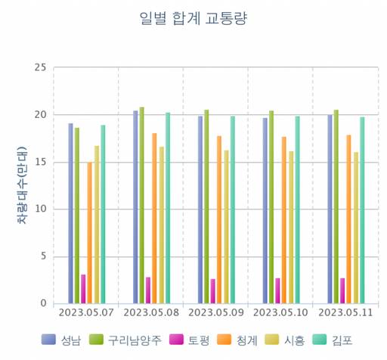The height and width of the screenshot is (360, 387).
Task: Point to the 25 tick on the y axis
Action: click(x=39, y=67)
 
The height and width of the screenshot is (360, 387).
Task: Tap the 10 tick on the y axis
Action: click(x=39, y=209)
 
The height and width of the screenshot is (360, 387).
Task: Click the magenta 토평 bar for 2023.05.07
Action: click(x=83, y=289)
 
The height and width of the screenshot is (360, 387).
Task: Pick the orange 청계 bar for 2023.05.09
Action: click(x=219, y=219)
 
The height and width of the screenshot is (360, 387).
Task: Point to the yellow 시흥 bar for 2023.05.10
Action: click(x=291, y=227)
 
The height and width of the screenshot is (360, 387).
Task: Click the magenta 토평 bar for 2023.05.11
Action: click(x=342, y=290)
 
